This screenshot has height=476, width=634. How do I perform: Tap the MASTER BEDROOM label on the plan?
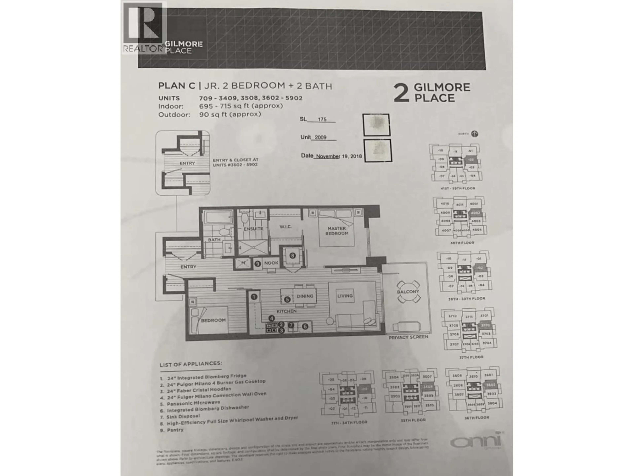point(336,231)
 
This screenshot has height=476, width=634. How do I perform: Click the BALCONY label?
point(408,292)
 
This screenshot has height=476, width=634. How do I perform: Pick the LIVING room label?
point(345,296)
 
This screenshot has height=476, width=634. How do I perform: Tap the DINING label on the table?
point(305,296)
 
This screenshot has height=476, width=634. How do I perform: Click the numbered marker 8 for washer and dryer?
point(292,255)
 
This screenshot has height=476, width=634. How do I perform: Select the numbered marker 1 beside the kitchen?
point(254,297)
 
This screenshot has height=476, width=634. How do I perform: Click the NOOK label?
point(271,263)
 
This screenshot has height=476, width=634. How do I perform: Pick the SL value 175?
point(322,119)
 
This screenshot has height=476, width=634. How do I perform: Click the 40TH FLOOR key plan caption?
point(462,243)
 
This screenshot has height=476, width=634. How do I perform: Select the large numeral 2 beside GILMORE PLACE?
point(401,93)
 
